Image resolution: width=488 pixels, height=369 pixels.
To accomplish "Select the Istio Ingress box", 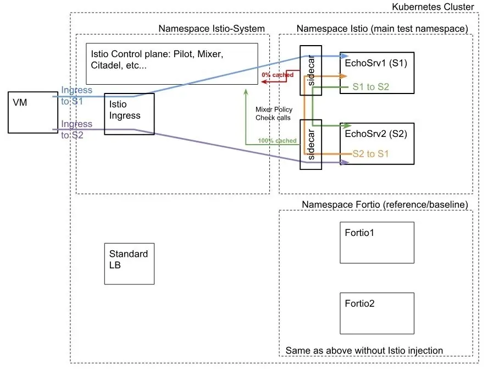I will pyautogui.click(x=129, y=114).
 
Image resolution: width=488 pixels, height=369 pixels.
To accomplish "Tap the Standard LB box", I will pyautogui.click(x=129, y=263).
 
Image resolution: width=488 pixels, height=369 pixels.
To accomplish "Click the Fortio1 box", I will pyautogui.click(x=376, y=242).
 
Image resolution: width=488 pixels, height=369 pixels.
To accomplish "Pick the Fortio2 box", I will pyautogui.click(x=376, y=312).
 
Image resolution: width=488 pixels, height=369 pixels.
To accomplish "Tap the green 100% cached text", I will pyautogui.click(x=278, y=141).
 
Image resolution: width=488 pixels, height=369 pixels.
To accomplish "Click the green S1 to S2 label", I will pyautogui.click(x=371, y=86).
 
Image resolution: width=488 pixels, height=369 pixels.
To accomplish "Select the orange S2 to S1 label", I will pyautogui.click(x=370, y=154).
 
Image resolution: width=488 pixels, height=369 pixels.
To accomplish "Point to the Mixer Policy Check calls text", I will pyautogui.click(x=274, y=113).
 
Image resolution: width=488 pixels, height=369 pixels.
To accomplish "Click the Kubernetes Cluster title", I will pyautogui.click(x=432, y=7).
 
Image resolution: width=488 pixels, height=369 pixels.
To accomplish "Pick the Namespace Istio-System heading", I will pyautogui.click(x=212, y=29).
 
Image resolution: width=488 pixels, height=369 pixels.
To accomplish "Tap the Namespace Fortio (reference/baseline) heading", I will pyautogui.click(x=385, y=205).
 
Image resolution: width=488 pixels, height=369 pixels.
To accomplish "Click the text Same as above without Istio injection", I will pyautogui.click(x=364, y=351).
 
